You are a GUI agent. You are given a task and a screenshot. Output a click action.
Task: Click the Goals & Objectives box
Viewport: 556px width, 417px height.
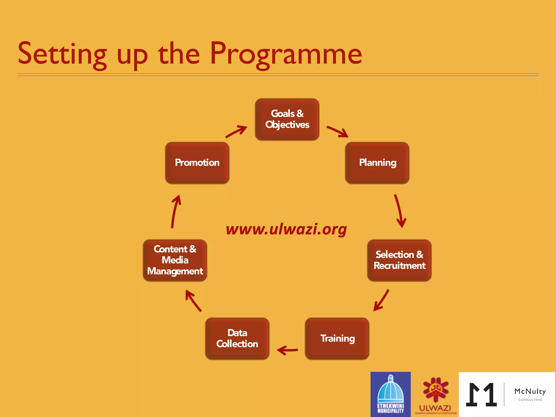tap(287, 119)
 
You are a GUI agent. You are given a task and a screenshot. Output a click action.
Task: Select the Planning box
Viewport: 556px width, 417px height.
tap(377, 163)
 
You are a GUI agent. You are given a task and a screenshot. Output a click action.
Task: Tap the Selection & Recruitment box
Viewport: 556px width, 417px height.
tap(399, 260)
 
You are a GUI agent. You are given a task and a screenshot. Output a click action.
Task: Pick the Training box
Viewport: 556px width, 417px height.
tap(337, 339)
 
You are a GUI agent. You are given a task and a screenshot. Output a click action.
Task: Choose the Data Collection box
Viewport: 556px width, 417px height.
tap(237, 339)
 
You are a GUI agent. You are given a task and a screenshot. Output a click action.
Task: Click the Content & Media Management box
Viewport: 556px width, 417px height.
tap(175, 260)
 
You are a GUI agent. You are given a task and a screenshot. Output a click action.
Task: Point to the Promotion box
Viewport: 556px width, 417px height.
tap(197, 163)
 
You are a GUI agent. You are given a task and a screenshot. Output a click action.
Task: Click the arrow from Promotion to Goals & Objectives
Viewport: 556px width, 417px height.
tap(236, 132)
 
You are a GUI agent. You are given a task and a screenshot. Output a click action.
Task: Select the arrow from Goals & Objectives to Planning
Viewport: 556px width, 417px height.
tap(337, 132)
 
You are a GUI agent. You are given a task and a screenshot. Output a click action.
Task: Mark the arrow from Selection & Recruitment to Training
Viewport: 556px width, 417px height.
tap(381, 300)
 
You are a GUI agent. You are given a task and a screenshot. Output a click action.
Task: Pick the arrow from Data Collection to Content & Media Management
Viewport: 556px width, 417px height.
tap(193, 300)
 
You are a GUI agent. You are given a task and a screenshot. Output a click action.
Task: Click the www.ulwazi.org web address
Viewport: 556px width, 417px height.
tap(286, 229)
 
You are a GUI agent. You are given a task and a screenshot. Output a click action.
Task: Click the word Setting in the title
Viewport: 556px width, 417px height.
tap(62, 54)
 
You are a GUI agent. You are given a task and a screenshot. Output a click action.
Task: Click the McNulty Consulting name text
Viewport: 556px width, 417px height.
tap(530, 391)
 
